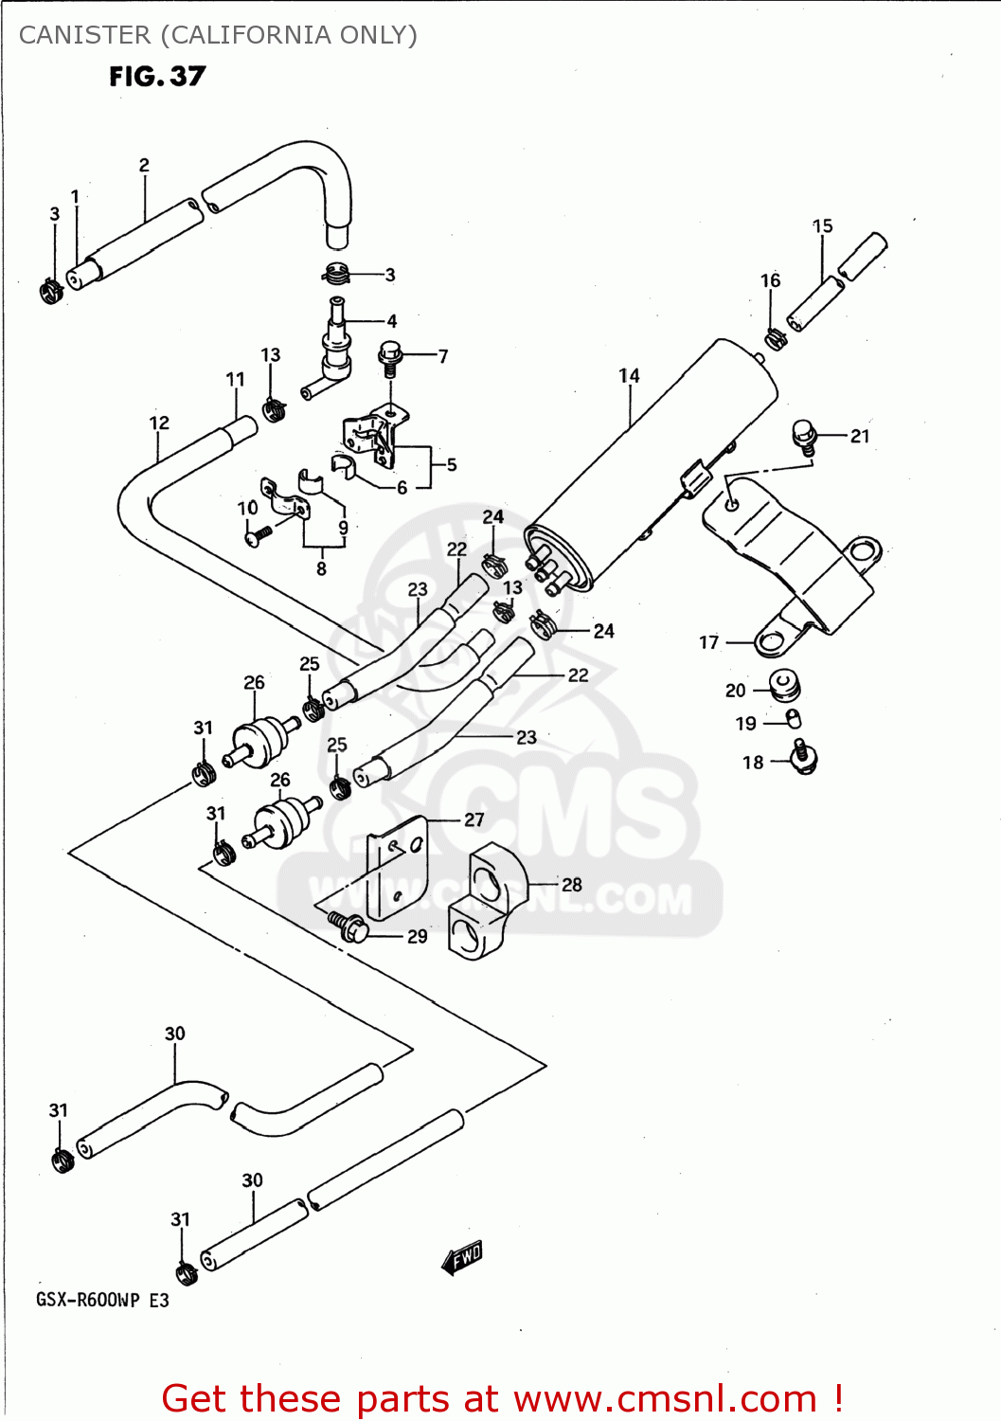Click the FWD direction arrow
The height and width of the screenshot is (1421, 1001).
(x=463, y=1258)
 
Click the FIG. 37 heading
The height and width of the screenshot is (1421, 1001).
(x=157, y=77)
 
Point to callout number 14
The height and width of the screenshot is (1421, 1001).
(x=629, y=376)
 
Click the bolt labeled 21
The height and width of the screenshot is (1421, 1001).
(x=804, y=436)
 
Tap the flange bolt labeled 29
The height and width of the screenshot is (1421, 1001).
(x=349, y=926)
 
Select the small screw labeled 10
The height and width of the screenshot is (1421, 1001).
(x=257, y=535)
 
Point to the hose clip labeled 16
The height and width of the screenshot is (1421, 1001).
(x=776, y=337)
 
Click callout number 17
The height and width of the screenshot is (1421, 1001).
(x=708, y=642)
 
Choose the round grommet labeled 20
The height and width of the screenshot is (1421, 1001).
(x=784, y=685)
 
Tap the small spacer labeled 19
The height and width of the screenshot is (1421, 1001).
(x=794, y=720)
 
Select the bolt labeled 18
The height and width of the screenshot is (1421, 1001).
(x=803, y=758)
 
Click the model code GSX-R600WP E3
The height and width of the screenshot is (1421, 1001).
(x=102, y=1300)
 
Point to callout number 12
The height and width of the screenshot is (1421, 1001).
(x=159, y=423)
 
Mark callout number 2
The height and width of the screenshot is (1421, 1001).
(x=144, y=165)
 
